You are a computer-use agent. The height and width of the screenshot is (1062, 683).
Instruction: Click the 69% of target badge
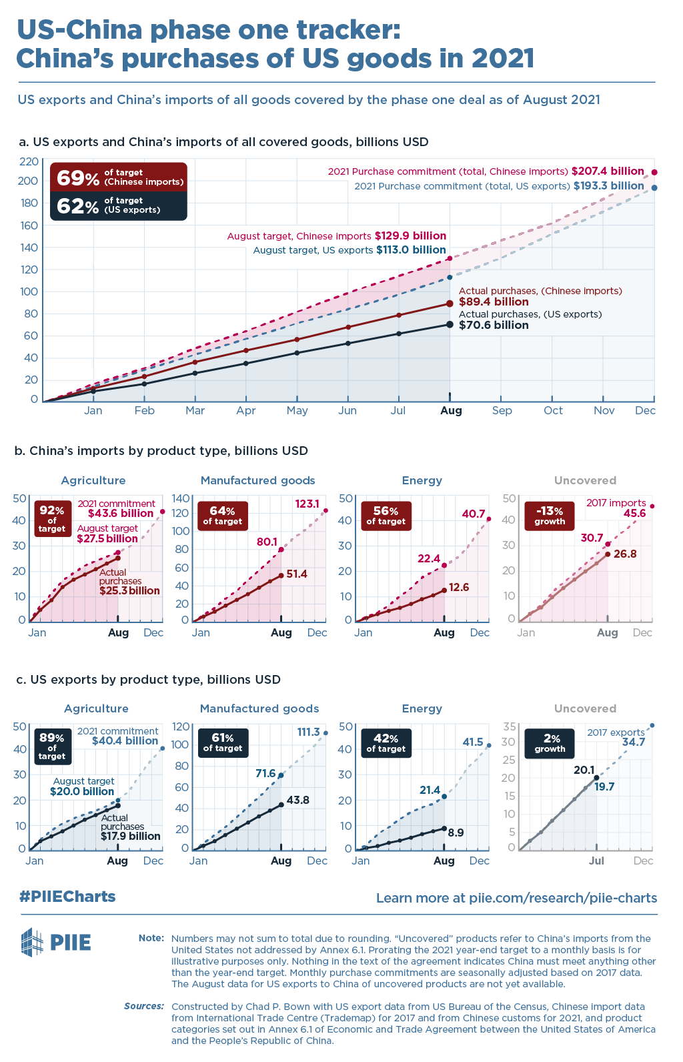coord(118,177)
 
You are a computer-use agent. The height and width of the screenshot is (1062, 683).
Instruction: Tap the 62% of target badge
coord(118,205)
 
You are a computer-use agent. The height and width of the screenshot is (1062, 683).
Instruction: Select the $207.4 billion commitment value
coord(608,171)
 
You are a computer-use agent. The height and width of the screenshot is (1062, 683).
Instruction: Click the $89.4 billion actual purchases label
coord(494,302)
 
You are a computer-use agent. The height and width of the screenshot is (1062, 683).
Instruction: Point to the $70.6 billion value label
coord(494,326)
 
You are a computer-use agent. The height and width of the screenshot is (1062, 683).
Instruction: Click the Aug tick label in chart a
coord(451,411)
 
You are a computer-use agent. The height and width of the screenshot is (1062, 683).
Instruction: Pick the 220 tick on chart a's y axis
coord(29,161)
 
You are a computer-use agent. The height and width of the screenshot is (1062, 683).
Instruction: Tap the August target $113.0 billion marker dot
coord(450,277)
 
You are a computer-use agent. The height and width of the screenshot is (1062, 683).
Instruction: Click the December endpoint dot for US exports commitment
coord(654,188)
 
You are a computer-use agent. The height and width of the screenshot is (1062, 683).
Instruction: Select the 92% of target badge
coord(52,518)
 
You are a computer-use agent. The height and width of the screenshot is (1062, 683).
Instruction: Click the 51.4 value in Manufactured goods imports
coord(297,574)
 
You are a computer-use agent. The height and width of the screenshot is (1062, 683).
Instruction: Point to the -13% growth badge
coord(550,516)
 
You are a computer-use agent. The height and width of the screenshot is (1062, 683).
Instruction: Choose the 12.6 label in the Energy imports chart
coord(460,588)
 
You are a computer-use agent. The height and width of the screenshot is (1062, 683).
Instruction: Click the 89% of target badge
coord(52,746)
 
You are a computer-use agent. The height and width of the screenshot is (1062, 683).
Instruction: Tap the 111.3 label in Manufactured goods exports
coord(309,732)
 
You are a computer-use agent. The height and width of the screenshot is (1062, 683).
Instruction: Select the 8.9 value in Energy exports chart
coord(456,833)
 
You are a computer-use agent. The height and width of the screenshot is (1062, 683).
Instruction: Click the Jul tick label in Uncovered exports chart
coord(596,861)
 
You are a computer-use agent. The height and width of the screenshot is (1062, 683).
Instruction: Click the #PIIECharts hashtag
coord(67,897)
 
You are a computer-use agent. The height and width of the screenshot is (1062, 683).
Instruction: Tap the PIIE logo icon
coord(33,942)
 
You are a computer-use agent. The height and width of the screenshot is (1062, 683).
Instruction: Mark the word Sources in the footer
coord(144,1006)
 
